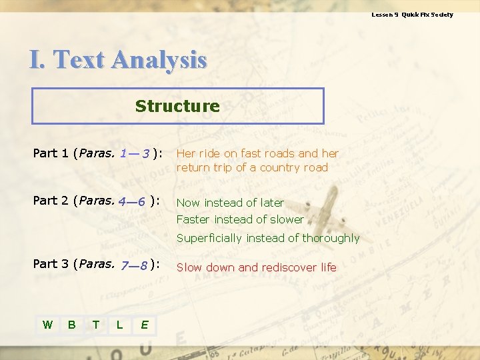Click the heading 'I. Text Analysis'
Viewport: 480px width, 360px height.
click(118, 60)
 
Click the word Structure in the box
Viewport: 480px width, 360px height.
click(177, 106)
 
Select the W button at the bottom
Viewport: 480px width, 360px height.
click(47, 325)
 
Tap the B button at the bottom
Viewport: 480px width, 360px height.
click(71, 325)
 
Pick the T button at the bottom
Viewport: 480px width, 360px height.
click(96, 325)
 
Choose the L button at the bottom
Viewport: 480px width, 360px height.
click(119, 325)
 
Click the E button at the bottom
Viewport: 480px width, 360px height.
click(144, 325)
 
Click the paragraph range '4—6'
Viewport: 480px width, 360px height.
click(132, 201)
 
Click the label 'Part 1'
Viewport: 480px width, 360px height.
click(51, 153)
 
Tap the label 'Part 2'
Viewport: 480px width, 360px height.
click(51, 201)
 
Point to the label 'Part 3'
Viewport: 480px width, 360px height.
click(51, 264)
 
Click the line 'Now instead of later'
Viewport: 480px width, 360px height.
click(230, 203)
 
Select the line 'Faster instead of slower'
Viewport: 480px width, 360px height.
click(240, 219)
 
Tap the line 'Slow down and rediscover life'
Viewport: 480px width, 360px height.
click(256, 267)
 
